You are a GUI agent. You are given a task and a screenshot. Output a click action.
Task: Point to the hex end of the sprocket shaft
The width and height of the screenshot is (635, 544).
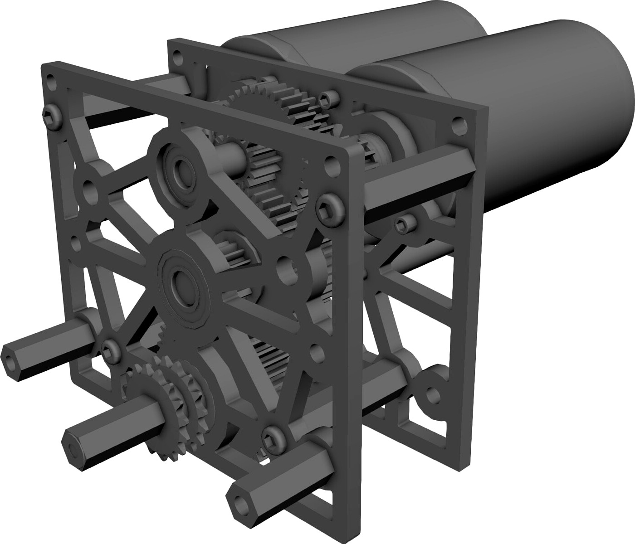click(73, 447)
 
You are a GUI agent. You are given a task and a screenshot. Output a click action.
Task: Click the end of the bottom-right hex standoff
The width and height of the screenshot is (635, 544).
click(238, 499)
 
